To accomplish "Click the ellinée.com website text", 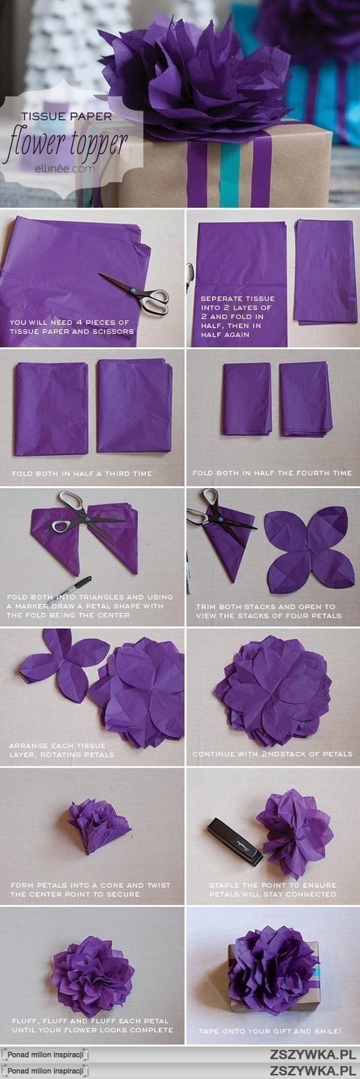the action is tap(65, 169).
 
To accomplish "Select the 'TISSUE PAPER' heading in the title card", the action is tap(66, 116).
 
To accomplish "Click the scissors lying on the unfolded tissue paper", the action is tap(135, 293).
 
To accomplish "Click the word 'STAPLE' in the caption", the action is tap(224, 885).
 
